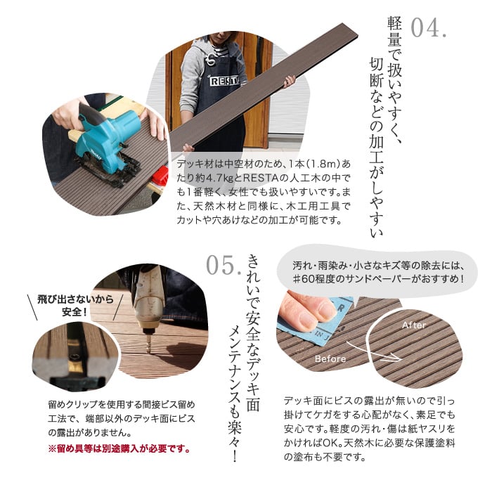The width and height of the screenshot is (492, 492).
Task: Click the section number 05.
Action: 224,265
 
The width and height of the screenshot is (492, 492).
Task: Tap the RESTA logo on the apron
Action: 224,82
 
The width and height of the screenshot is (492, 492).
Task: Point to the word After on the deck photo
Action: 414,325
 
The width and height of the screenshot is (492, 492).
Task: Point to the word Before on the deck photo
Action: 330,358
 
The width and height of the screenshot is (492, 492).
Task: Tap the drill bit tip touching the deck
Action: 148,351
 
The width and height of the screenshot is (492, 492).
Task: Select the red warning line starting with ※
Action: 119,449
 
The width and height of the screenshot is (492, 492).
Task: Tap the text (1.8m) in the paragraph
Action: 323,164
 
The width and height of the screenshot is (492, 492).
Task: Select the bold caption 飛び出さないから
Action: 75,299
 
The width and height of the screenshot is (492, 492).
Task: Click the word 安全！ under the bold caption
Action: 75,312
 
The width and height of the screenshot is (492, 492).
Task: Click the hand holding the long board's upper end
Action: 290,82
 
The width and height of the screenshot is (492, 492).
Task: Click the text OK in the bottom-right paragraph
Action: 330,443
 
